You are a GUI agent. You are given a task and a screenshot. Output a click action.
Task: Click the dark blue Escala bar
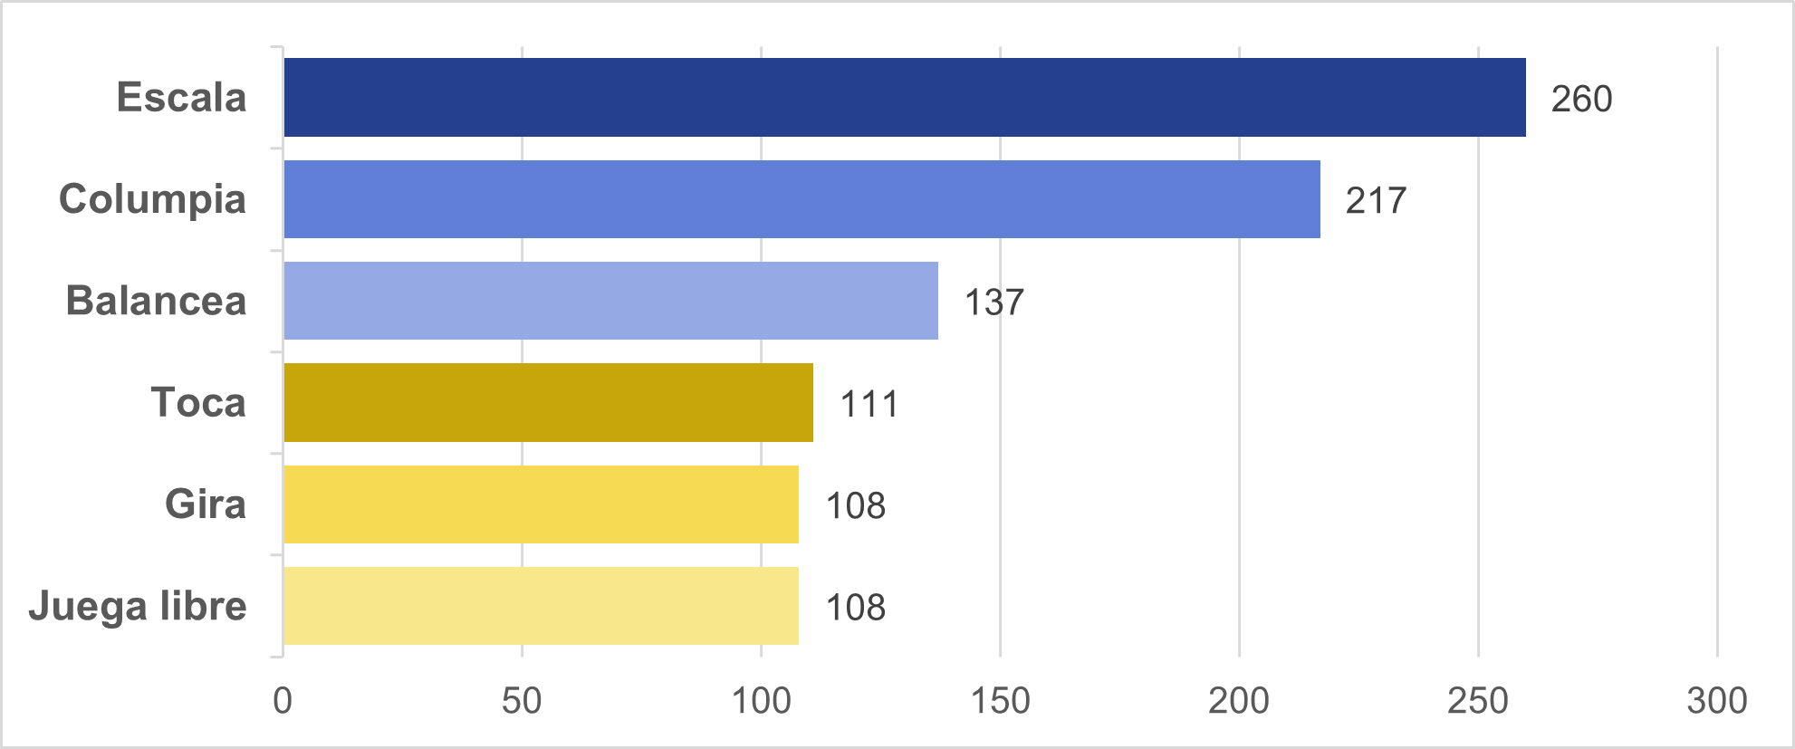tap(904, 98)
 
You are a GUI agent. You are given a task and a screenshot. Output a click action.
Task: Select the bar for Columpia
tap(802, 199)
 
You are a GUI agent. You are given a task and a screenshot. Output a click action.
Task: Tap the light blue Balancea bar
tap(610, 301)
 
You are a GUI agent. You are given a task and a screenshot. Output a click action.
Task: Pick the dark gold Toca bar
tap(548, 403)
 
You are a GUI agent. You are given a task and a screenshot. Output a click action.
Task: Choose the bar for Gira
tap(541, 504)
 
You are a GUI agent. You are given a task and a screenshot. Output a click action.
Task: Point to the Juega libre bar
tap(541, 606)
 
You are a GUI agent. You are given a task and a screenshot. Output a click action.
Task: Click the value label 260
tap(1581, 99)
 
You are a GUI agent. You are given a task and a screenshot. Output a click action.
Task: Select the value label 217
tap(1376, 200)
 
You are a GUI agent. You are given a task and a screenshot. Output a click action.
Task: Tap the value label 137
tap(993, 302)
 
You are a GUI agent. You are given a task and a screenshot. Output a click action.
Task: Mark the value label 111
tap(869, 404)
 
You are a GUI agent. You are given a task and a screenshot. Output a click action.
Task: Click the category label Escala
tap(181, 98)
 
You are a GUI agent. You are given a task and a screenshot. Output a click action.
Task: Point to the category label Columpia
tap(152, 199)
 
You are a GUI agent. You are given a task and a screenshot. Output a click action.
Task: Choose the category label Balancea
tap(156, 301)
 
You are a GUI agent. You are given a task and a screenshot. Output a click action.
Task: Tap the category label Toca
tap(198, 403)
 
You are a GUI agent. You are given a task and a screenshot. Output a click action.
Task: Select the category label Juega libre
tap(138, 606)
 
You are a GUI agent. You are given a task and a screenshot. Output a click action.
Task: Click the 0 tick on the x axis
tap(283, 701)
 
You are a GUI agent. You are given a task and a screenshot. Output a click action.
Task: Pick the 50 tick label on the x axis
tap(522, 701)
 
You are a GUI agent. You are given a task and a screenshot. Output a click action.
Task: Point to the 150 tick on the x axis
tap(1000, 701)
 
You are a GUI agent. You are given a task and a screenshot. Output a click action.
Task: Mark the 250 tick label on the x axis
tap(1478, 701)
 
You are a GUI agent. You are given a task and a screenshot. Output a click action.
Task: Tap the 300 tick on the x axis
tap(1717, 701)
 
